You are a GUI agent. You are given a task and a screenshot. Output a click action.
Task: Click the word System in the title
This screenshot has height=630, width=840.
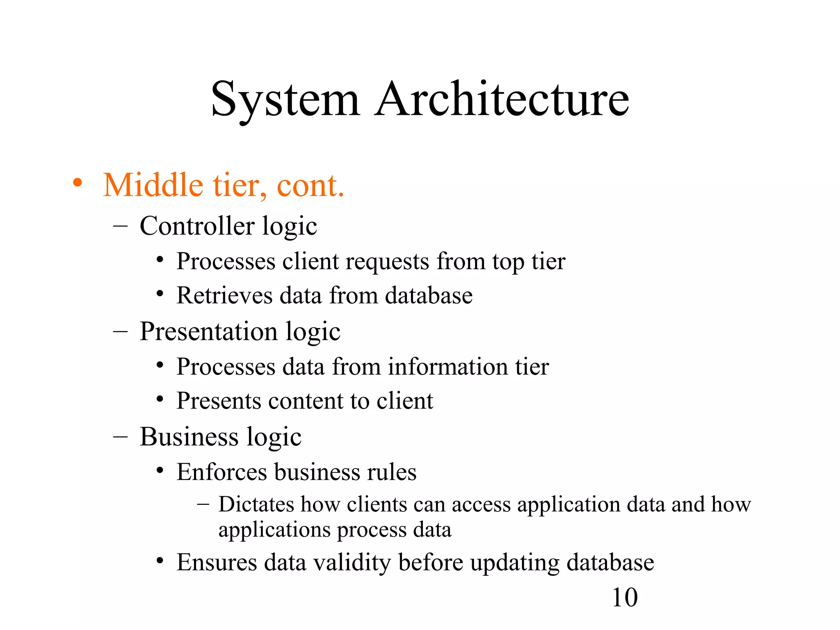point(285,99)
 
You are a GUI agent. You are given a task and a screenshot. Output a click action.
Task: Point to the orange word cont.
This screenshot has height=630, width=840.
point(310,186)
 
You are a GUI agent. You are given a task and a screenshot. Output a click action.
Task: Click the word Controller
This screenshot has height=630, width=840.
point(197,226)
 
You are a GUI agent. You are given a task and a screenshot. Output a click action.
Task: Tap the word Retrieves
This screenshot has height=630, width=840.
point(224,295)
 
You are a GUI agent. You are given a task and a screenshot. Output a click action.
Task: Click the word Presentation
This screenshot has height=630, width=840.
point(209,331)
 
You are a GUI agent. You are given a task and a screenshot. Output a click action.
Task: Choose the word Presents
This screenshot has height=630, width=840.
point(219,401)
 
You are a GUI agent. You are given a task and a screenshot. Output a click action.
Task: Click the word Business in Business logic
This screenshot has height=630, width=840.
point(189,436)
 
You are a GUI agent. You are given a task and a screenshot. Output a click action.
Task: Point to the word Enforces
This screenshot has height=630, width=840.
point(221,472)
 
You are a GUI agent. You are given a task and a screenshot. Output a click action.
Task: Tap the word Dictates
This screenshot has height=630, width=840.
point(256,504)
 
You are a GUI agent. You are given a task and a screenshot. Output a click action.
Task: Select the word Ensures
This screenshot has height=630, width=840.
point(217,562)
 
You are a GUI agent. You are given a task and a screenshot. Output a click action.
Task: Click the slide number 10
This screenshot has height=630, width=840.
point(624,598)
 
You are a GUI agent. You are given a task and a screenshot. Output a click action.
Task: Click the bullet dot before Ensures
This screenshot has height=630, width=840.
point(160,561)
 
